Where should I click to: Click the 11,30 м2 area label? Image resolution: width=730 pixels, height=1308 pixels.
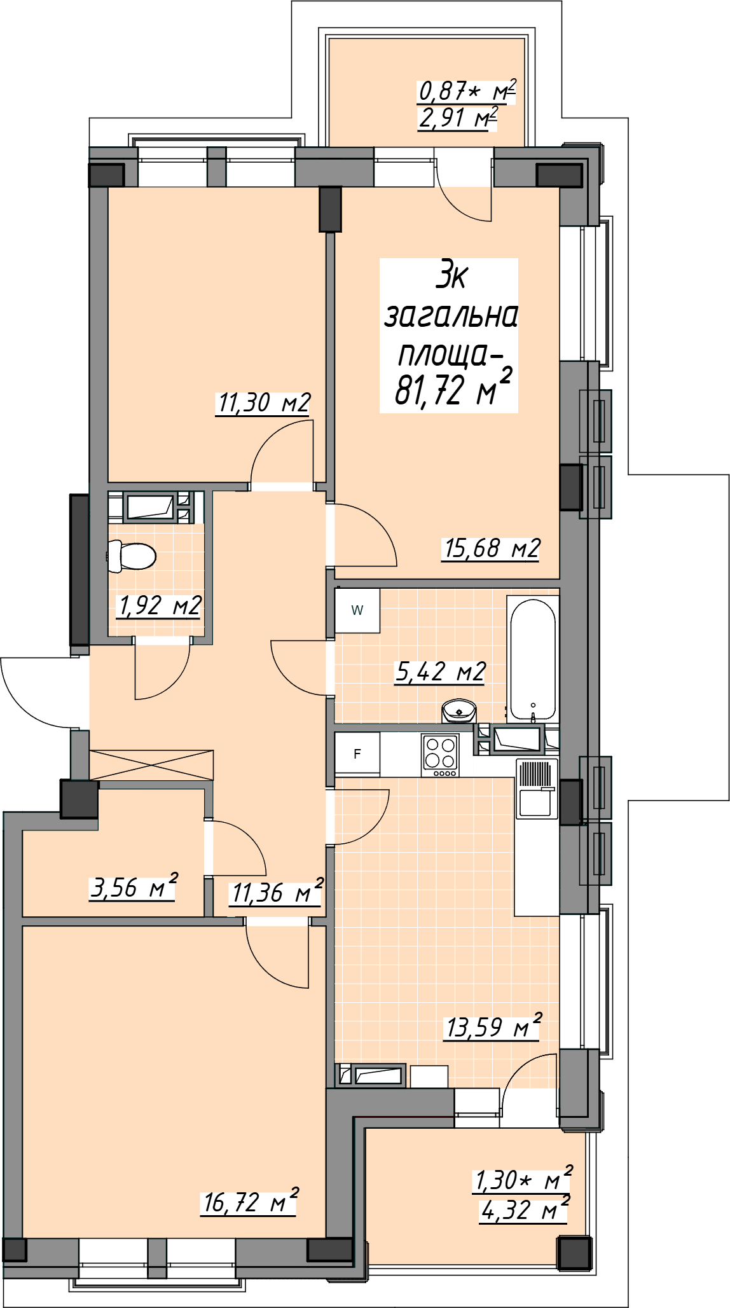point(263,403)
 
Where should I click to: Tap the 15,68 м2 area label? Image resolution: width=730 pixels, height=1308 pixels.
point(491,548)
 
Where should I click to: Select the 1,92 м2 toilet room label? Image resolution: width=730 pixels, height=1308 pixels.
point(160,606)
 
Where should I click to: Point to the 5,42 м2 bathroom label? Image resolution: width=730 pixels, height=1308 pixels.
point(440,671)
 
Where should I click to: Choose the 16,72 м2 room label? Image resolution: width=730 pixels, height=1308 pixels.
point(249,1201)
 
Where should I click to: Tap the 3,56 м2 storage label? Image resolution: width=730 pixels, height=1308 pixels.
point(133,886)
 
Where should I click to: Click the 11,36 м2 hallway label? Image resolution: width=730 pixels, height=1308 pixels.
point(277,892)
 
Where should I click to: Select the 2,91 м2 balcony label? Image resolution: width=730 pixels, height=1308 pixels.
point(457,118)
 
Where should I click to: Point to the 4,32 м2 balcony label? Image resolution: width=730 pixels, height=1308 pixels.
point(524,1209)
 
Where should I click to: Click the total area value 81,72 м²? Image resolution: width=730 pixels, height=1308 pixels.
point(453,389)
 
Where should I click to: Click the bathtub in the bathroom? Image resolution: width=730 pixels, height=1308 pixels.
point(533,659)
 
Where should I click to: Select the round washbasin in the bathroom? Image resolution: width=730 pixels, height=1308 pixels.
point(458,711)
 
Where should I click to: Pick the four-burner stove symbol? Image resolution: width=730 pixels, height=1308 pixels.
point(440,755)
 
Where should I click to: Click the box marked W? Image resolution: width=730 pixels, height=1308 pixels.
point(357,610)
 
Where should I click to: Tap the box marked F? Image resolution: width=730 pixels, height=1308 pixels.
point(357,754)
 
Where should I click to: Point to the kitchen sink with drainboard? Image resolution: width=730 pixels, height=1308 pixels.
point(537,788)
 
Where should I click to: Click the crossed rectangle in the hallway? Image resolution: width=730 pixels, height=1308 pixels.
point(151,765)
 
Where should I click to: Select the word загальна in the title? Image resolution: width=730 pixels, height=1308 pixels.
point(451,316)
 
